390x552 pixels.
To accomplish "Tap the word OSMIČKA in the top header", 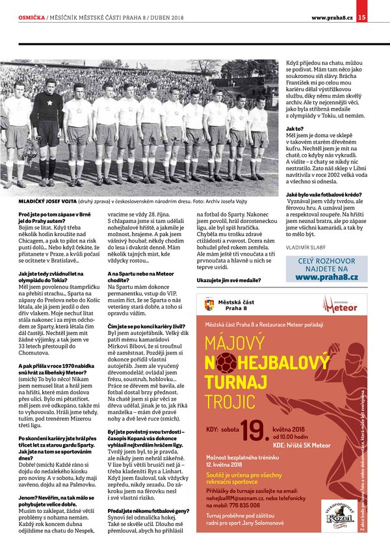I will click(31, 18).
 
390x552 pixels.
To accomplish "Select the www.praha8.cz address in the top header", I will click(332, 17).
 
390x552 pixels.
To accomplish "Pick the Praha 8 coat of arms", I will click(208, 304).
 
